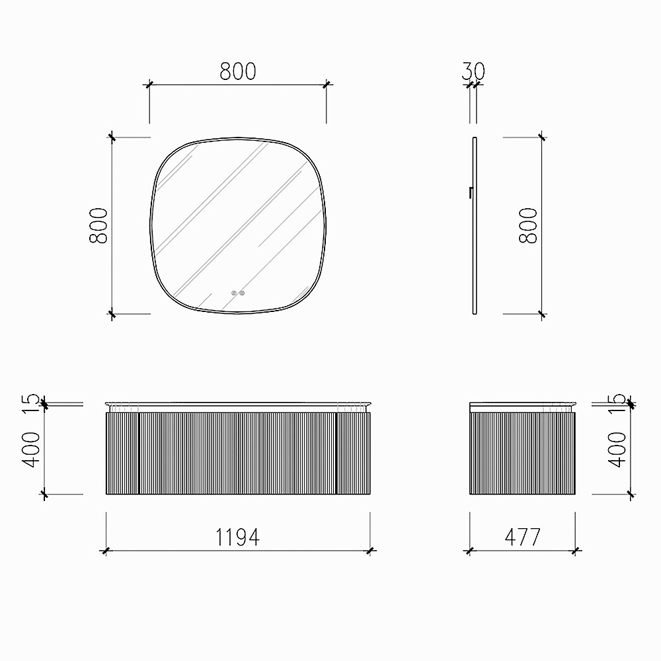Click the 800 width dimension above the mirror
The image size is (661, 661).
click(x=238, y=71)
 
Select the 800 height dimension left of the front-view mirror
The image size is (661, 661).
click(x=98, y=225)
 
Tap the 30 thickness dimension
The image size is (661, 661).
click(x=473, y=71)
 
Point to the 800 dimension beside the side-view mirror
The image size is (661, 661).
click(x=528, y=225)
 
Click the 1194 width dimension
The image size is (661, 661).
click(x=238, y=537)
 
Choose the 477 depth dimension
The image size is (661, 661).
click(x=522, y=537)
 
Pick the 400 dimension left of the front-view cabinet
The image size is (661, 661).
click(x=31, y=449)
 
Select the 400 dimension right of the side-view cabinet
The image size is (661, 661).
click(x=617, y=449)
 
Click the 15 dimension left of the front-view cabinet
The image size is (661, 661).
click(x=31, y=403)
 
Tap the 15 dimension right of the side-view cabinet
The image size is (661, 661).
click(x=617, y=403)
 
